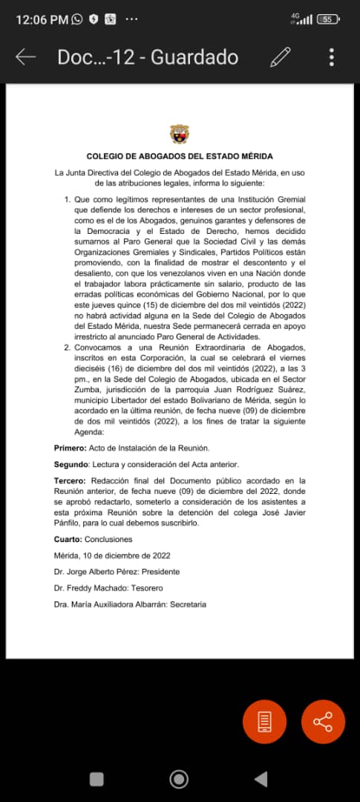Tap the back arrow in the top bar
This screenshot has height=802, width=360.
[26, 57]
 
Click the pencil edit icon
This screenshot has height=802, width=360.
[281, 57]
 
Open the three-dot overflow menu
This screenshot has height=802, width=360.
[332, 57]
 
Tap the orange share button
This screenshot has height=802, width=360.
[323, 722]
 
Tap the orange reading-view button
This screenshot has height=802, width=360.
[264, 722]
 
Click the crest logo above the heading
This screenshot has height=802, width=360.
[180, 135]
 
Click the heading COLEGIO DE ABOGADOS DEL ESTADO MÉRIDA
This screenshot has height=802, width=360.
[180, 157]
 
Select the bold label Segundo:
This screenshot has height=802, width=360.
[71, 465]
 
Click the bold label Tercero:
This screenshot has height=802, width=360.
[70, 481]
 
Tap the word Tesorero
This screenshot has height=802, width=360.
[160, 588]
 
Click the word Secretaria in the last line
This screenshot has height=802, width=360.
[188, 604]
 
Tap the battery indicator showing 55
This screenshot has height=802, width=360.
[327, 19]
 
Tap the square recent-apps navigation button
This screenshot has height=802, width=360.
[96, 779]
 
